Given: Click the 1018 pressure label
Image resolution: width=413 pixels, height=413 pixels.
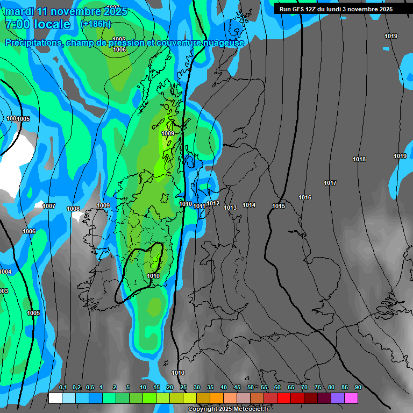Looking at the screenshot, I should [x=359, y=159].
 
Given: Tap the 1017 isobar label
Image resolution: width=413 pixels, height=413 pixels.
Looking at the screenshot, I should [x=330, y=183].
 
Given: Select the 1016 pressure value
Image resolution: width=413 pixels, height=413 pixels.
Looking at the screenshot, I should [x=305, y=197].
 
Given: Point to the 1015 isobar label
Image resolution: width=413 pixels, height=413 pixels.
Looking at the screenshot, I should [x=279, y=206].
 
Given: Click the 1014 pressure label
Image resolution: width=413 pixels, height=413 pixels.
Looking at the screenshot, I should [x=249, y=205].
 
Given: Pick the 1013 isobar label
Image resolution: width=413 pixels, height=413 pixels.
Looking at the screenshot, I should [x=230, y=208].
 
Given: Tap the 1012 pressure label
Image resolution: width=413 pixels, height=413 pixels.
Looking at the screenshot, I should [x=213, y=203].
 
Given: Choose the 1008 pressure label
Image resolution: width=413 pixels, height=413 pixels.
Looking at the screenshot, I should [x=73, y=209].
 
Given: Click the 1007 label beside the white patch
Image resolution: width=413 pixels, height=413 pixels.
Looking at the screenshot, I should [x=49, y=206].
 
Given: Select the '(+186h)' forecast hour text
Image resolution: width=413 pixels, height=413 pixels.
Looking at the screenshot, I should [x=95, y=24].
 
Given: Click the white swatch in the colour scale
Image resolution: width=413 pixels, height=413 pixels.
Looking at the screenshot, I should [x=55, y=398].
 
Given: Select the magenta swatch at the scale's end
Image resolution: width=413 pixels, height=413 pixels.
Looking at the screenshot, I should [x=351, y=398].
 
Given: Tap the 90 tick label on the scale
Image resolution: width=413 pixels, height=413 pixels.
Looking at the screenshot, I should [x=358, y=387].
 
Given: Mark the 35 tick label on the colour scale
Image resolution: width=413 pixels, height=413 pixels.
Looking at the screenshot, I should [x=210, y=387].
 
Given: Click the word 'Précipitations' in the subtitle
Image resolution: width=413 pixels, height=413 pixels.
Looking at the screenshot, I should [x=33, y=42].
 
